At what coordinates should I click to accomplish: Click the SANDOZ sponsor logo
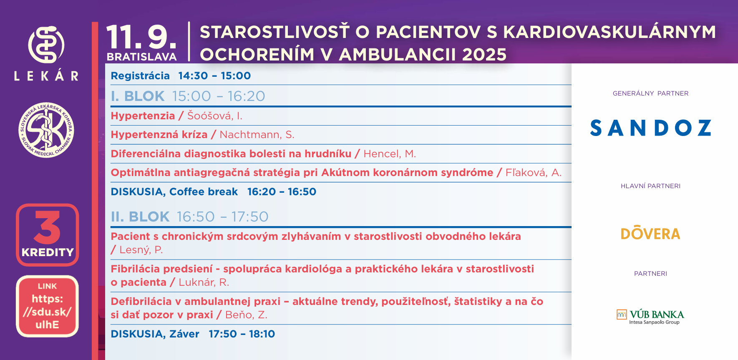650,128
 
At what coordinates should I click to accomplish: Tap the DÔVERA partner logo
650,233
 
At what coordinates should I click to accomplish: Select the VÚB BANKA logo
650,317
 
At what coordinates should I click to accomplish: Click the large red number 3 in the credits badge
47,227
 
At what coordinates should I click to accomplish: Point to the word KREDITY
48,252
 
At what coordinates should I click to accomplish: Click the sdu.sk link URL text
47,312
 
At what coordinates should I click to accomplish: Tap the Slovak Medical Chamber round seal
47,130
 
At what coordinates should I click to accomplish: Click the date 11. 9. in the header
141,38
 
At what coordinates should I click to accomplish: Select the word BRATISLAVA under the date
141,57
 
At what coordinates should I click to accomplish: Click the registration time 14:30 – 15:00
214,76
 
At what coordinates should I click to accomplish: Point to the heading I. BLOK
138,96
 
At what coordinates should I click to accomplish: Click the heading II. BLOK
140,217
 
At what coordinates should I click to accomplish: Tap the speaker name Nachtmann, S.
257,135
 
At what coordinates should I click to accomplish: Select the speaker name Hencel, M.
390,154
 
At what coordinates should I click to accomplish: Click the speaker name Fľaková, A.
534,172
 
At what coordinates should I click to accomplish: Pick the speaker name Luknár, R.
204,282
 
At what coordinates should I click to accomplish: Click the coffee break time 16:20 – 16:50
282,192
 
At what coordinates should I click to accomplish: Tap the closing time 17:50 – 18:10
242,334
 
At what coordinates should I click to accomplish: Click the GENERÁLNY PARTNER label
650,93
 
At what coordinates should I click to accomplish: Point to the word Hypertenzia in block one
143,116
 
